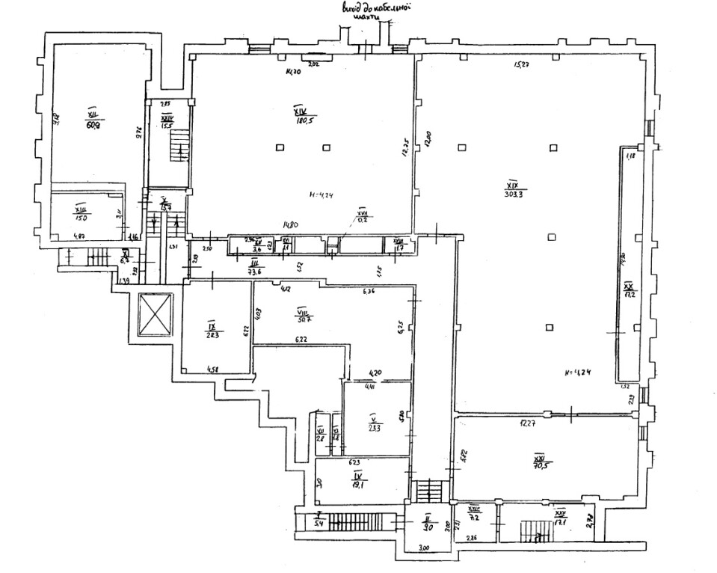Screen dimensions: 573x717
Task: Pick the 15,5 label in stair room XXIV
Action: [x=167, y=126]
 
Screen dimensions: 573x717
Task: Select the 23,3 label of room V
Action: [x=375, y=429]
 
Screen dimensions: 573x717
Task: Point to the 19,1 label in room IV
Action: [x=358, y=484]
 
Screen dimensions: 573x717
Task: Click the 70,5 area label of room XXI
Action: [x=540, y=465]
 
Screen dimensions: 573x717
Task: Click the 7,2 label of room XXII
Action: [x=473, y=516]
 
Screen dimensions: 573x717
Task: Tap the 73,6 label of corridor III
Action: [x=254, y=273]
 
